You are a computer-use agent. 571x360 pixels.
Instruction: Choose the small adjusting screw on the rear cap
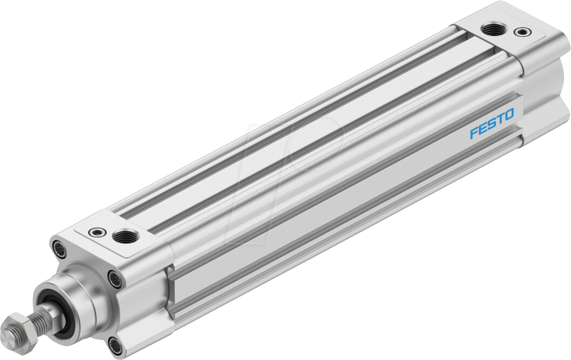(x=522, y=32)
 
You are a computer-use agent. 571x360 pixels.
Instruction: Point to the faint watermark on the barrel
(x=292, y=173)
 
